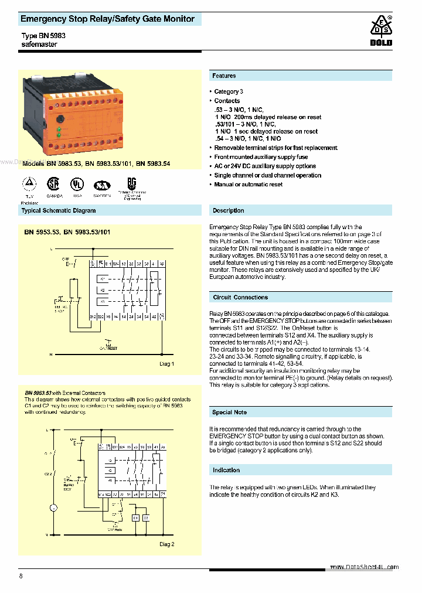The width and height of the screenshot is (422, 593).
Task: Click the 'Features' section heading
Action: [224, 76]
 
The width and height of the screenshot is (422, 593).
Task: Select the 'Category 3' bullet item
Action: [229, 91]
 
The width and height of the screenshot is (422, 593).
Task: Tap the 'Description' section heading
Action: [228, 210]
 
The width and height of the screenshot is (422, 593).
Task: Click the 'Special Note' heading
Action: [230, 412]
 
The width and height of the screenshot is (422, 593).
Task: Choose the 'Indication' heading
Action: [226, 470]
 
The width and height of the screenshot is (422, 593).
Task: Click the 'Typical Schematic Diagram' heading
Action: [59, 210]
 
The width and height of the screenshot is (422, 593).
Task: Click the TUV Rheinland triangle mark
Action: [28, 183]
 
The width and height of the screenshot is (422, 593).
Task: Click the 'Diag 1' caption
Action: [167, 364]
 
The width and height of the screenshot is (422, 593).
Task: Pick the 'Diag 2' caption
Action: [167, 544]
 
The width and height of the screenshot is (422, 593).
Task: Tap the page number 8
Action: [21, 576]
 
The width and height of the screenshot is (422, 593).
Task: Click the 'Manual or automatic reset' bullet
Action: [249, 185]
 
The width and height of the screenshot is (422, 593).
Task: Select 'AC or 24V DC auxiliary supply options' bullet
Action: [265, 166]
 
